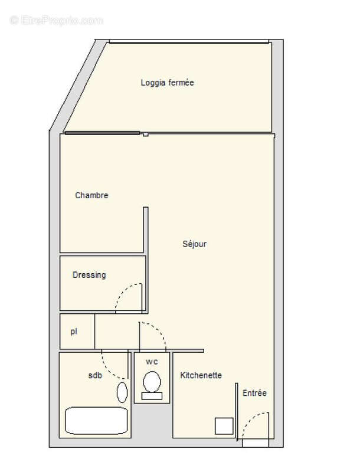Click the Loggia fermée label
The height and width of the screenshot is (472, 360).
[167, 83]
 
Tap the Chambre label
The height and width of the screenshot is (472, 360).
[91, 195]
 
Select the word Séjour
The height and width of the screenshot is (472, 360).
[194, 244]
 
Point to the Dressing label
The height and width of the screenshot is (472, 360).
[89, 275]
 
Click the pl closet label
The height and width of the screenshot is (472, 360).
[74, 332]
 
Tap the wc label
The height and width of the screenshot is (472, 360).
[152, 361]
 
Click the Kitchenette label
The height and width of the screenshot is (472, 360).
[201, 375]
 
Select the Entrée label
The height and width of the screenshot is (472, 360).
[254, 393]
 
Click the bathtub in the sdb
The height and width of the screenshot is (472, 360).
[96, 421]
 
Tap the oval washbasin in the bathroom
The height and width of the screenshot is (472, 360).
[122, 392]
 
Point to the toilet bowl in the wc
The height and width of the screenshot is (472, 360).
[152, 382]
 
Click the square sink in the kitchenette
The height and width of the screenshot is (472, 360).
[224, 426]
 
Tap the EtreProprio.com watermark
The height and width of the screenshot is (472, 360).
[57, 21]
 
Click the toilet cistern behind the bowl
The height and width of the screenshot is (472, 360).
[152, 396]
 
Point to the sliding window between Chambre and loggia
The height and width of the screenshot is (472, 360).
[102, 133]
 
